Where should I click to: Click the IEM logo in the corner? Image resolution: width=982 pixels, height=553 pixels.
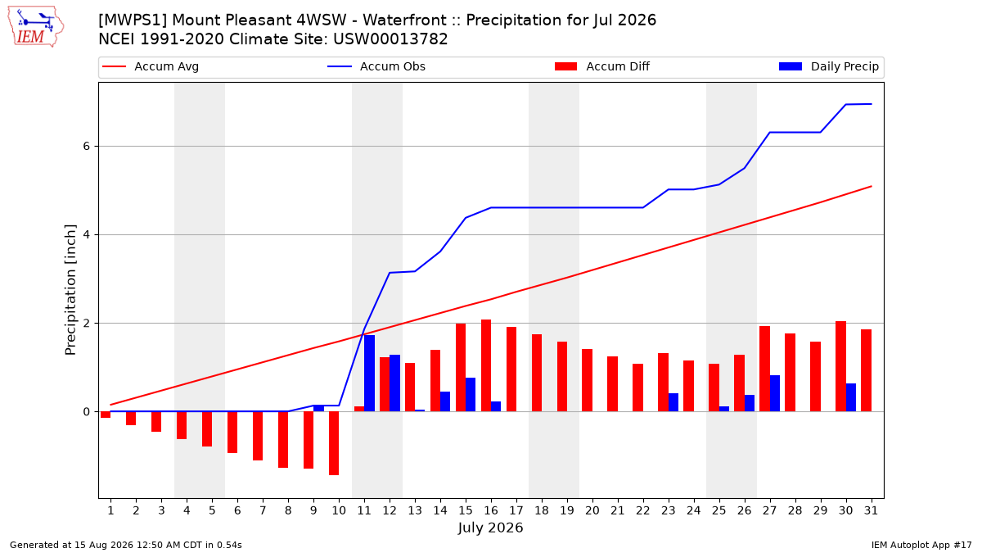[36, 27]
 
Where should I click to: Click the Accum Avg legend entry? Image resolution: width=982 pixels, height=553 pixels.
[151, 66]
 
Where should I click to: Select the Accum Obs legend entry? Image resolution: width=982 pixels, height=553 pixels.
[376, 66]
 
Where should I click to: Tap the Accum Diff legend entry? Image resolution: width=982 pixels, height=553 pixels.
[602, 66]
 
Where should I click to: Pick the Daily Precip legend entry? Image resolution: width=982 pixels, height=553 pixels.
[829, 66]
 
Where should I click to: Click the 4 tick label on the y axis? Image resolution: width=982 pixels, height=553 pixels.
[87, 235]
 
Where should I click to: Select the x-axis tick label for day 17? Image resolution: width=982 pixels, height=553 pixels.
[516, 510]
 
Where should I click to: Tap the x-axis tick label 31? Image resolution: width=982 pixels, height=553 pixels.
[871, 510]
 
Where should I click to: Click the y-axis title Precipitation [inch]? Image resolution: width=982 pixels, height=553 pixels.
[70, 290]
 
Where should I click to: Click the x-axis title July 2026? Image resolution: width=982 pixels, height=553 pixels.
[490, 528]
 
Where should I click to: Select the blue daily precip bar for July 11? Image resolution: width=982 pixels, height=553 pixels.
[370, 373]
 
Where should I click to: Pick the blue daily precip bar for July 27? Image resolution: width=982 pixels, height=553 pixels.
[775, 393]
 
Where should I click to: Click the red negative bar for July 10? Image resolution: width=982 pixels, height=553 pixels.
[334, 443]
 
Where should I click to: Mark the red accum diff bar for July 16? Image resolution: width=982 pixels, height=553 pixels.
[486, 365]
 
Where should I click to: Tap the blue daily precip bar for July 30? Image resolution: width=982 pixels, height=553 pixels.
[851, 397]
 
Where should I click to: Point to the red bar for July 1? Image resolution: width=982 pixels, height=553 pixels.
[106, 415]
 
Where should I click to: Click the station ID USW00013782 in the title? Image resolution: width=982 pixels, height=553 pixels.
[390, 39]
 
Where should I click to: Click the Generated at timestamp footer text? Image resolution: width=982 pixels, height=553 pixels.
[126, 545]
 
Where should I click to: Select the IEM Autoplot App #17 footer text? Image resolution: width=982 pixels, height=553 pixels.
[921, 545]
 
